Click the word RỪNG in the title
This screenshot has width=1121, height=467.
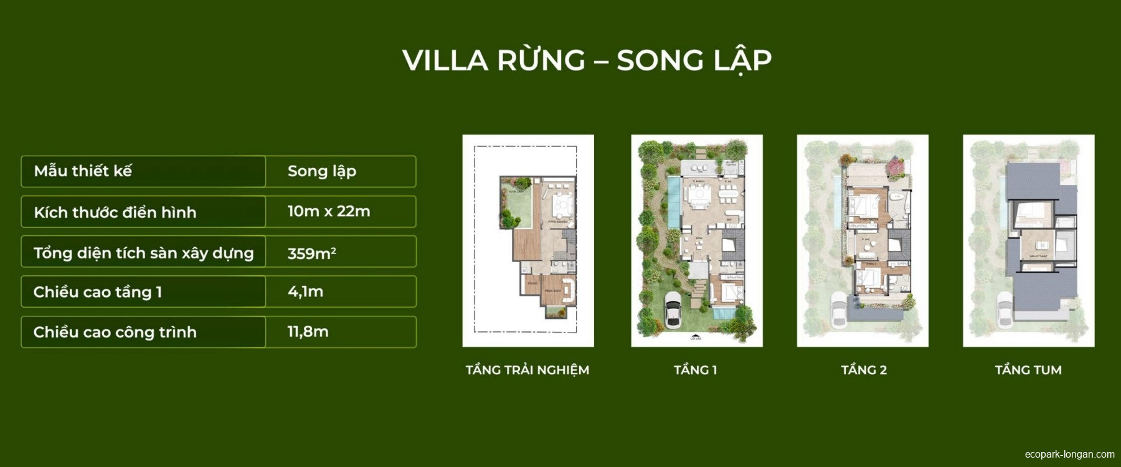click(541, 60)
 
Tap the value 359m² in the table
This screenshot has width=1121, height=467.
click(311, 253)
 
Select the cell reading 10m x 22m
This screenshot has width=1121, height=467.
click(329, 212)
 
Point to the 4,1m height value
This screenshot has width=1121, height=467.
click(305, 291)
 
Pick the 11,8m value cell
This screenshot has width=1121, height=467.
click(308, 332)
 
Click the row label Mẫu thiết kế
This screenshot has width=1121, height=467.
click(83, 171)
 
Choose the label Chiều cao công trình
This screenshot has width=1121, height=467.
click(115, 332)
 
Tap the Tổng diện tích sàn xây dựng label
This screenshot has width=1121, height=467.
click(144, 253)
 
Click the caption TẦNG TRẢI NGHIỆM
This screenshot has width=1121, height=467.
click(527, 370)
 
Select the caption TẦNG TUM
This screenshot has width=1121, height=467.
click(1028, 370)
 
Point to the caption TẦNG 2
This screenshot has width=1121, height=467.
click(864, 370)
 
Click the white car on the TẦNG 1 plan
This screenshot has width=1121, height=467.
click(673, 309)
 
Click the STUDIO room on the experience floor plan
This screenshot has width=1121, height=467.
click(532, 284)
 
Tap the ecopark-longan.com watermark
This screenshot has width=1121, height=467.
click(1069, 455)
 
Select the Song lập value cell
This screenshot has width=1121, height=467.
click(321, 171)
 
